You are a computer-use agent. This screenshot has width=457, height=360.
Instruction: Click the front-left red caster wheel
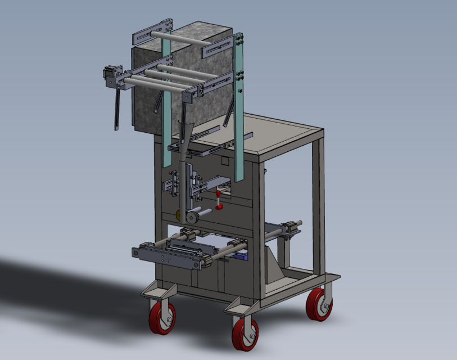162,318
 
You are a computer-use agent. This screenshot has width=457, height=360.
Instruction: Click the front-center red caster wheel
245,334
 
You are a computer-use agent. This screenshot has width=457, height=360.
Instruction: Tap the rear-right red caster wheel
319,305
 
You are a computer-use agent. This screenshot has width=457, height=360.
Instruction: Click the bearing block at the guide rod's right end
292,228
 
